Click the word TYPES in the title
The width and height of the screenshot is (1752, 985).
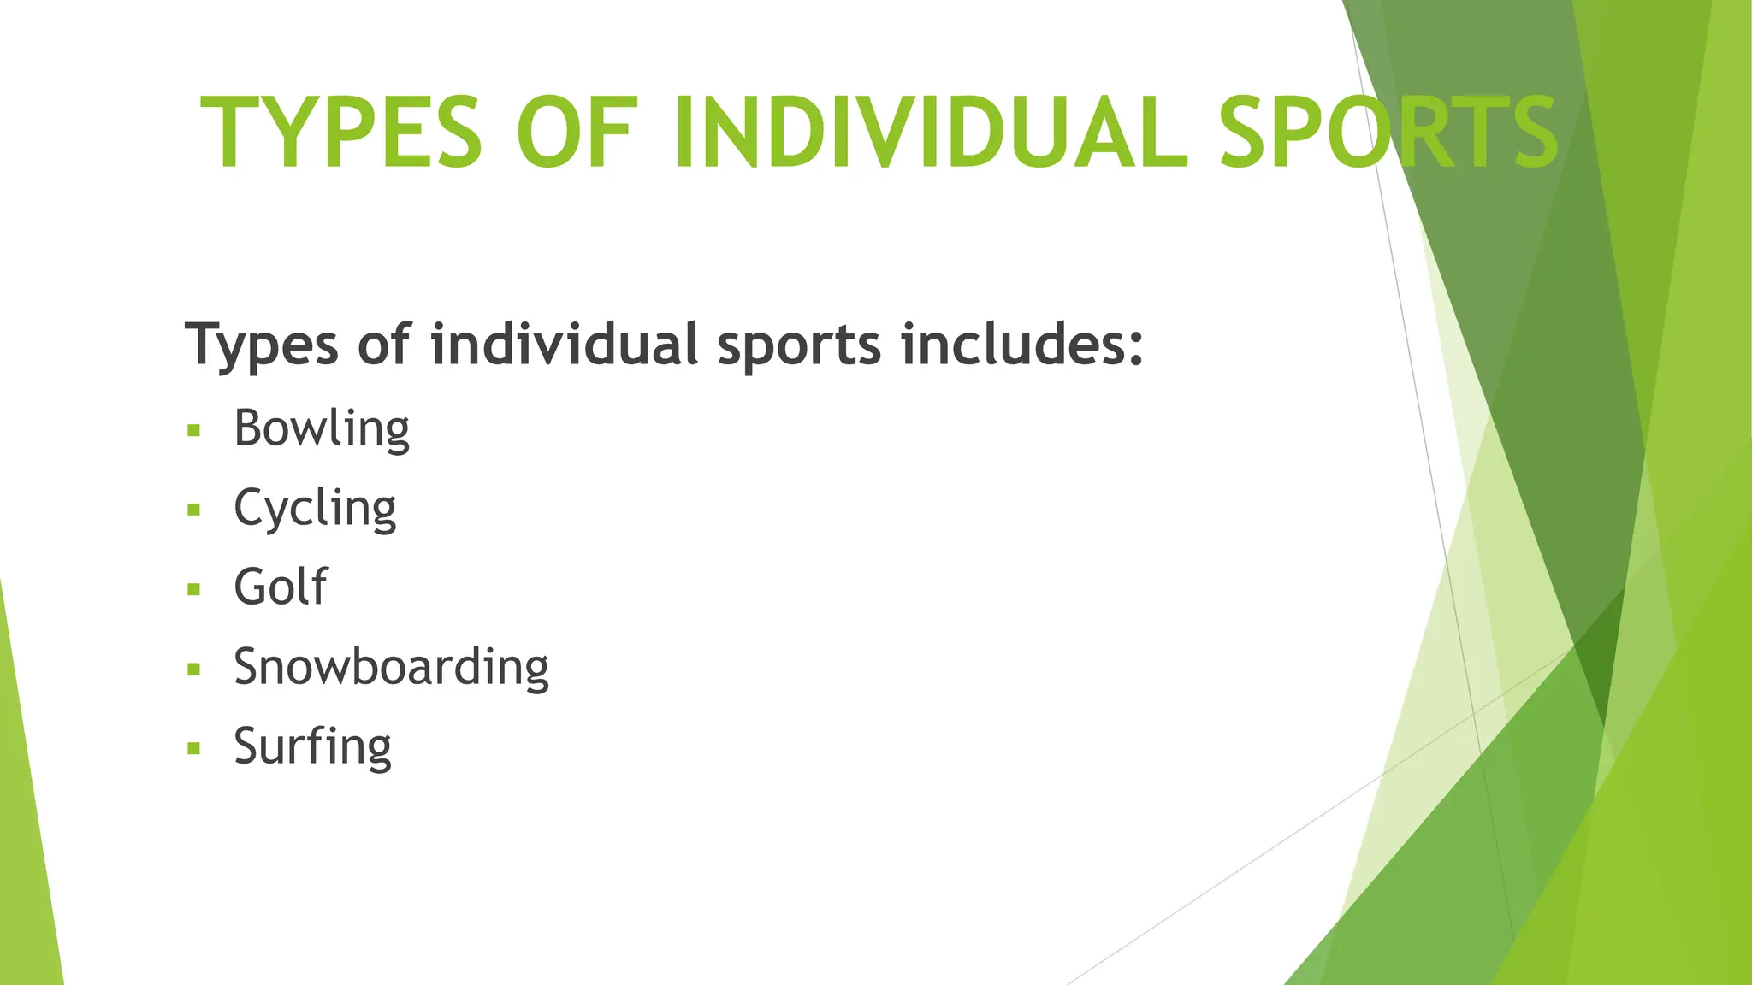(x=341, y=133)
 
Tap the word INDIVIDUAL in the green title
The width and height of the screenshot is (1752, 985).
(x=931, y=133)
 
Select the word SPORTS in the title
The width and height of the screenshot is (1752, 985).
(x=1388, y=133)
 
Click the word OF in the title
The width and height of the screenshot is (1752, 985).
(x=577, y=133)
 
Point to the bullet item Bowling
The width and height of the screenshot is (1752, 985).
(x=322, y=428)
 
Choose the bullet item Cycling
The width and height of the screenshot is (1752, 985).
(x=315, y=509)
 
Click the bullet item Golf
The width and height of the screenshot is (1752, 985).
(x=281, y=587)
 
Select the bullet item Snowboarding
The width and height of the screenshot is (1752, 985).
(x=391, y=667)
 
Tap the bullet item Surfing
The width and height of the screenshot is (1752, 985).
(x=312, y=746)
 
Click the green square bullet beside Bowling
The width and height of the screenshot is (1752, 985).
(x=194, y=430)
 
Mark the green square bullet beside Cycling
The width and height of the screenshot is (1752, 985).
(x=194, y=510)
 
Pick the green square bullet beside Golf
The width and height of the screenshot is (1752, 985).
(x=194, y=589)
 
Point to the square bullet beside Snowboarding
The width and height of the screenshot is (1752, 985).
(x=194, y=669)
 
